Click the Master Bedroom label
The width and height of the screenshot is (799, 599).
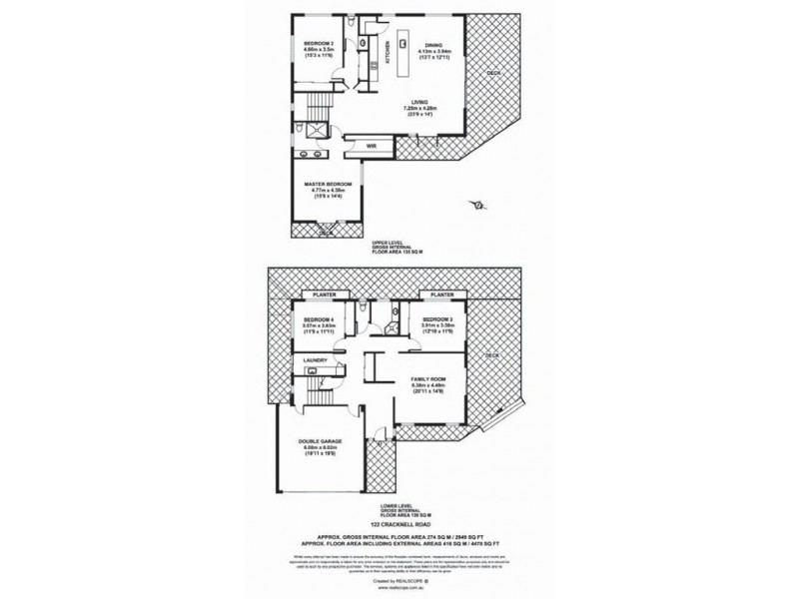(x=328, y=185)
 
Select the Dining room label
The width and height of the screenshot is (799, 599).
(x=432, y=45)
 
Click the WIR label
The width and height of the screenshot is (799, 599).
(x=370, y=146)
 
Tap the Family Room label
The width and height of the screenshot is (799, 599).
(x=425, y=379)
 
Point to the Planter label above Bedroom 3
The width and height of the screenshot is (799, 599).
(x=442, y=296)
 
